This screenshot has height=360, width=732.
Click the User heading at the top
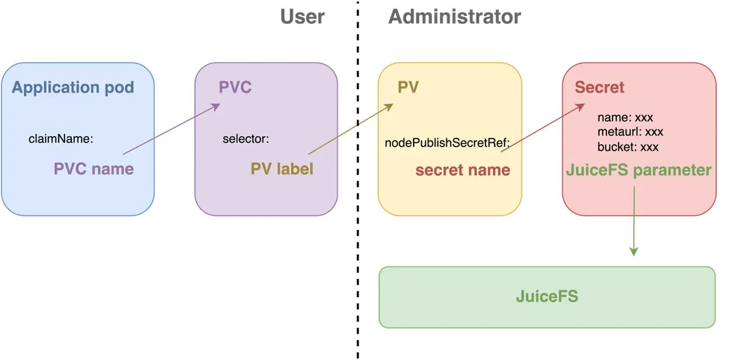[x=302, y=16]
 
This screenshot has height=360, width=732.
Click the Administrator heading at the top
[x=454, y=16]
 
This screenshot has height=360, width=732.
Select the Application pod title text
[x=73, y=87]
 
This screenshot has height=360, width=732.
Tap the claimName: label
[x=61, y=139]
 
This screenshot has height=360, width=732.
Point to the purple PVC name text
[x=93, y=168]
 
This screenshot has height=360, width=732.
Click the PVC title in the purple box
[x=235, y=87]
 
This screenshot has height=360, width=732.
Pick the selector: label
[x=245, y=139]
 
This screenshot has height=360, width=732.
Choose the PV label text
[x=282, y=168]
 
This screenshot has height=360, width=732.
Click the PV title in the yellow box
[x=408, y=87]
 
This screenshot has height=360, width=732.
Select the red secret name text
[x=462, y=170]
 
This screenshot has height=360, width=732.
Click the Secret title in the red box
[x=600, y=87]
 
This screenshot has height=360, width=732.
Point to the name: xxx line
[x=625, y=118]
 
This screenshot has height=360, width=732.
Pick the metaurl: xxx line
[x=630, y=132]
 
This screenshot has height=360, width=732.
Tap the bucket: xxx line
[x=628, y=147]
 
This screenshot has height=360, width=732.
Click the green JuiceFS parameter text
[x=639, y=170]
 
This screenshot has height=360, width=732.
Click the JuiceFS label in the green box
[x=547, y=297]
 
